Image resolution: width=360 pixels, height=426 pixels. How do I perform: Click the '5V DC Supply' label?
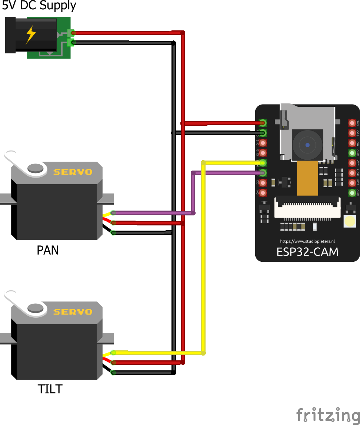click(x=39, y=6)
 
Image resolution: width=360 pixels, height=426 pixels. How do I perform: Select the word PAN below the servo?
click(x=48, y=251)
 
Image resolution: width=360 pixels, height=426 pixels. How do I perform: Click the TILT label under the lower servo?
click(x=50, y=389)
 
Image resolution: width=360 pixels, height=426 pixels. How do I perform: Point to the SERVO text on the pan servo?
click(x=73, y=172)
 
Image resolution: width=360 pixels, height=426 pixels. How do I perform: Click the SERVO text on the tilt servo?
click(x=73, y=311)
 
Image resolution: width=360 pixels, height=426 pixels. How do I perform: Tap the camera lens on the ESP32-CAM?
click(x=307, y=145)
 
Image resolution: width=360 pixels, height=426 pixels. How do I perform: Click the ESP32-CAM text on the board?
click(x=307, y=252)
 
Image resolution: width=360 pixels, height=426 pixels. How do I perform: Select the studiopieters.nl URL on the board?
click(x=307, y=241)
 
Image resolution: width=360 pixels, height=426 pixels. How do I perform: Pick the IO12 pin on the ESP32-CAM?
click(x=263, y=143)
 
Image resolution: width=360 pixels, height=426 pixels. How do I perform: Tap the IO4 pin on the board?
click(x=263, y=193)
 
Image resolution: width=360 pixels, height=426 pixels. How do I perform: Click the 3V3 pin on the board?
click(x=352, y=123)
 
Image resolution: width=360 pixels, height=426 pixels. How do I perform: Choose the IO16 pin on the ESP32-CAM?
click(x=352, y=133)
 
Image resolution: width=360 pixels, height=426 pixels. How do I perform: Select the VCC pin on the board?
click(x=352, y=163)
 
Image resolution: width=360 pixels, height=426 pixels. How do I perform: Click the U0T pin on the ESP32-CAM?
click(x=352, y=183)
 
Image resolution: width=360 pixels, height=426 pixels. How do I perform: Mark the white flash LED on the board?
click(x=350, y=222)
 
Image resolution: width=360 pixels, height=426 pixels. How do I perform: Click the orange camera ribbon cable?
click(x=307, y=178)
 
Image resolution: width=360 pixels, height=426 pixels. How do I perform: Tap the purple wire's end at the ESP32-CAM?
click(x=263, y=173)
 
